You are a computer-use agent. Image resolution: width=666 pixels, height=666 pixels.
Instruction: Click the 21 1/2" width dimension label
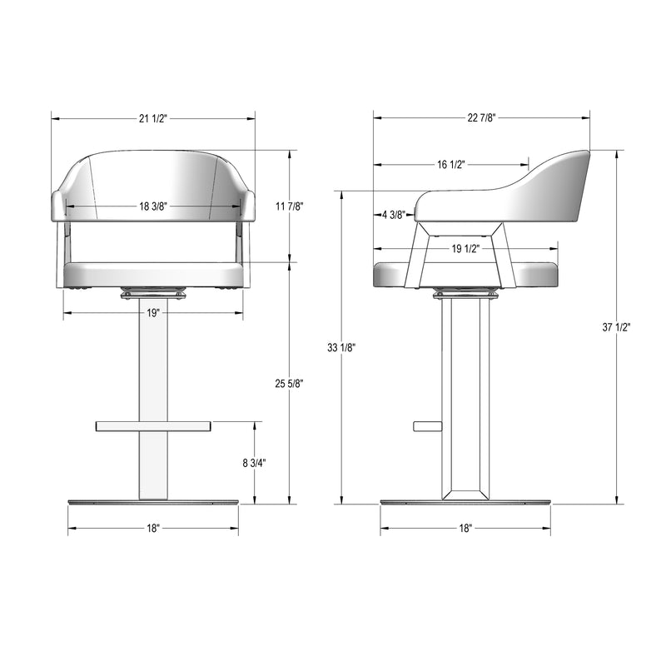tap(153, 118)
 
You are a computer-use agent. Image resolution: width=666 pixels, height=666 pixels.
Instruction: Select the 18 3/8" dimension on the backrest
tap(153, 206)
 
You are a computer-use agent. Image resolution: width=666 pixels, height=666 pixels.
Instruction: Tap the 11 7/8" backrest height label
tap(289, 206)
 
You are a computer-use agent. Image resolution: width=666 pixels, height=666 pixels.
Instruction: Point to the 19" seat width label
tap(153, 314)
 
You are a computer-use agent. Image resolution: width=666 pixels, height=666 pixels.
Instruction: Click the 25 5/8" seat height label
tap(289, 384)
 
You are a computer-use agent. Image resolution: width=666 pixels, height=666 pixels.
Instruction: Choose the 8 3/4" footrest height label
tap(255, 463)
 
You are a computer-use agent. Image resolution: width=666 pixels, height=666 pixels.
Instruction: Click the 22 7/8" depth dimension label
tap(482, 118)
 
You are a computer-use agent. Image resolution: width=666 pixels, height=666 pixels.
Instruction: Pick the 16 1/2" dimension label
tap(451, 164)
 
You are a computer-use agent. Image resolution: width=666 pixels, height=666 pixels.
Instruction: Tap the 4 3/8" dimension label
tap(394, 215)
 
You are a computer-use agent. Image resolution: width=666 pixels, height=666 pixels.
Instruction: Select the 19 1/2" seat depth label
tap(465, 248)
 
